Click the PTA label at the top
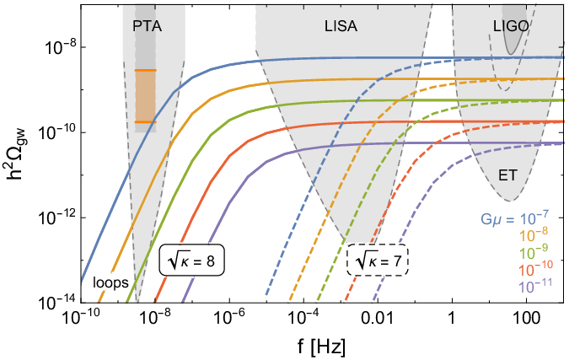click(147, 26)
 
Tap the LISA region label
click(341, 26)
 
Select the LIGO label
click(511, 26)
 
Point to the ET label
click(508, 176)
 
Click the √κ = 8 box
click(192, 262)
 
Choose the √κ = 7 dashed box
click(378, 262)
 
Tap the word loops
click(110, 283)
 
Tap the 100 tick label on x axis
click(526, 321)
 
